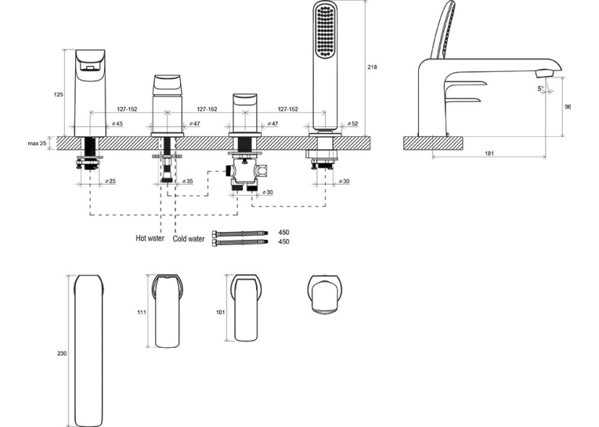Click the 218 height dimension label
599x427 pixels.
point(372,67)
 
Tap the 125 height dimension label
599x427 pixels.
point(58,95)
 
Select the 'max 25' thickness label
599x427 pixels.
point(37,143)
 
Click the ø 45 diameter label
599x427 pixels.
point(117,124)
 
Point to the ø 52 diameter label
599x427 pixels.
point(352,124)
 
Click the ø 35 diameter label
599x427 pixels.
point(187,181)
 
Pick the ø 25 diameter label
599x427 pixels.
point(110,181)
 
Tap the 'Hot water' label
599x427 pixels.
point(150,238)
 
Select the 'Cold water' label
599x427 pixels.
point(189,238)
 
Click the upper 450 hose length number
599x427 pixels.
point(283,232)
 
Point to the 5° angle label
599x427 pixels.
point(540,89)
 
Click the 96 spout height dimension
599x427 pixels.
point(568,107)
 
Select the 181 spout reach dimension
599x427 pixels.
point(489,154)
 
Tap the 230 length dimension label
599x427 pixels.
point(62,353)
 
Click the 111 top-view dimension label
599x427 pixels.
point(142,312)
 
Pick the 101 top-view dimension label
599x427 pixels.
point(221,312)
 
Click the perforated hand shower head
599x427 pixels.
point(326,30)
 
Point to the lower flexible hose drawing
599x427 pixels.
point(240,242)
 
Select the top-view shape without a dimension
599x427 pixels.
point(325,294)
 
